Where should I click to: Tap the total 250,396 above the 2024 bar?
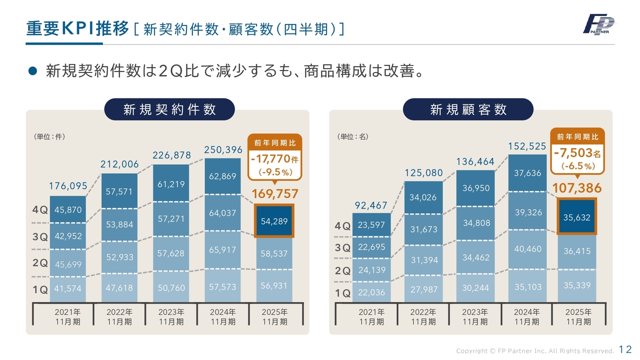(x=223, y=149)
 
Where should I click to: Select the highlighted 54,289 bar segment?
(x=274, y=221)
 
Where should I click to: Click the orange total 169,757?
(x=274, y=194)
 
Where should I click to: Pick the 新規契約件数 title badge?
(x=169, y=109)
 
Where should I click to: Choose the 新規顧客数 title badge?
(x=468, y=109)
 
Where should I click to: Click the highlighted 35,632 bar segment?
(x=577, y=217)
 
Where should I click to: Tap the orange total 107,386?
(x=577, y=188)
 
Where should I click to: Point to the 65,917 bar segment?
(x=222, y=249)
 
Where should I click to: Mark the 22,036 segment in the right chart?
(x=371, y=292)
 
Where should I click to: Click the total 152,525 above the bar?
(x=527, y=146)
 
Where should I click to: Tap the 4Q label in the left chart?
(x=40, y=210)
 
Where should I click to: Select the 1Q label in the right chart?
(x=343, y=293)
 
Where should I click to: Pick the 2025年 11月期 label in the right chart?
(x=578, y=317)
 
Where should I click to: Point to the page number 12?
(x=626, y=349)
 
